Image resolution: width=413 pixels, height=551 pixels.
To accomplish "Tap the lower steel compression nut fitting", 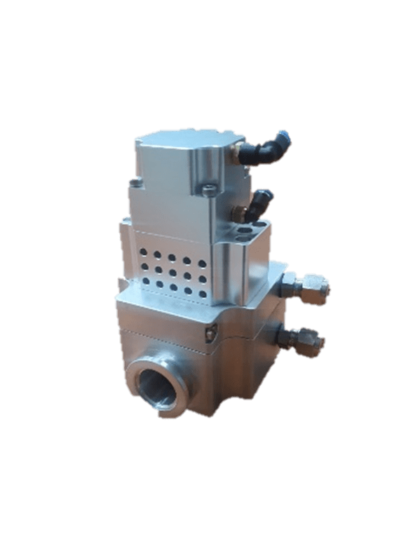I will (x=307, y=340).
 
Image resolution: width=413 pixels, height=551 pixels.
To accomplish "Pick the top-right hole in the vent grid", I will (x=202, y=264).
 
